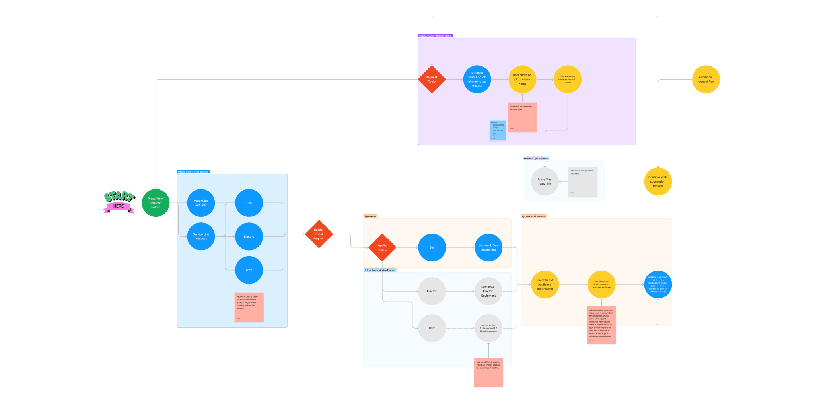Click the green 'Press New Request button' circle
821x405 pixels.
point(156,203)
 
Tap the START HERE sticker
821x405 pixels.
point(119,202)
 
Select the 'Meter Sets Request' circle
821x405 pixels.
point(201,203)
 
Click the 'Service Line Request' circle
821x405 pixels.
point(201,236)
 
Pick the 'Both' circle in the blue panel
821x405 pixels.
point(249,270)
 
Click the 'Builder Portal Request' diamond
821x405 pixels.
point(319,234)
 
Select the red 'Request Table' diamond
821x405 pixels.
point(432,80)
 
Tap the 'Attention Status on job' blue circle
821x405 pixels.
point(477,80)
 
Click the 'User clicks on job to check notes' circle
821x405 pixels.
point(522,80)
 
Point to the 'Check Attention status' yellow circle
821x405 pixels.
point(568,80)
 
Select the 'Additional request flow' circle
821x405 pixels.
point(706,80)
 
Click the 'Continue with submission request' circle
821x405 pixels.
point(658,181)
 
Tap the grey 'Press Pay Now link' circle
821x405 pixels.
point(545,181)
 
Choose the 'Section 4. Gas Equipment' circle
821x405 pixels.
point(488,247)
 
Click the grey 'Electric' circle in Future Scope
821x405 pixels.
point(432,291)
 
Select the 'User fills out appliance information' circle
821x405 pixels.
point(545,284)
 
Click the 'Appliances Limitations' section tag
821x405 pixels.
point(534,216)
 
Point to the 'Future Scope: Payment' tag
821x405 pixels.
point(536,158)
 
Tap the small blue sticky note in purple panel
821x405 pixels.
point(498,130)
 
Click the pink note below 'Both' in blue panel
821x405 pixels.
point(249,308)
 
